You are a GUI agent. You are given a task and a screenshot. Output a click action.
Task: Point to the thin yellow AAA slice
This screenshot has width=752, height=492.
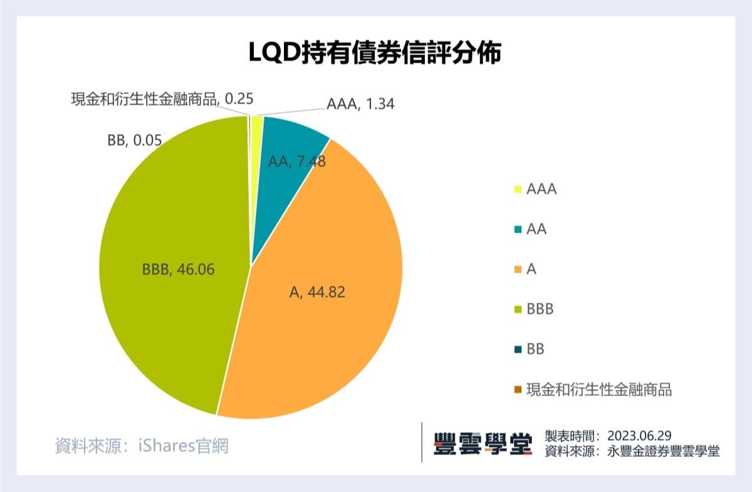point(256,125)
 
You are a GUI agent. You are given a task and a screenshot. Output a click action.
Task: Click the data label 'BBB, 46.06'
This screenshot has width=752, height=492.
point(179,270)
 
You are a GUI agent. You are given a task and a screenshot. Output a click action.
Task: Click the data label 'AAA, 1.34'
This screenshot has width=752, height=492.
point(360,104)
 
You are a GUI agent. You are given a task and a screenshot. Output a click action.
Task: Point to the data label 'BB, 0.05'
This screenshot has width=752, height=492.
point(135,142)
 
